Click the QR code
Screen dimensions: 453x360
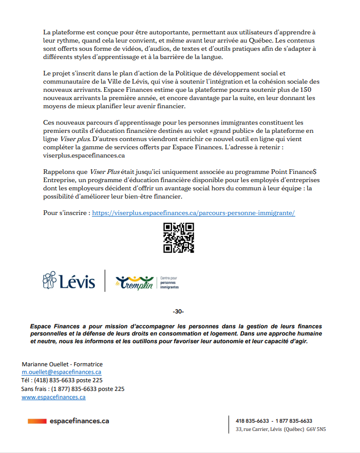click(x=178, y=238)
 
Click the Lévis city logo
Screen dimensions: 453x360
click(x=69, y=282)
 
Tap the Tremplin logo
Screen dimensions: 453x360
click(x=135, y=282)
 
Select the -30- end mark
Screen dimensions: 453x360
click(x=179, y=312)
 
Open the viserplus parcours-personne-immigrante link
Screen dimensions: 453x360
click(x=193, y=212)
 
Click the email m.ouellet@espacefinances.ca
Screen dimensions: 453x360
click(x=61, y=372)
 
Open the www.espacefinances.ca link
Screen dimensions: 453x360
click(x=53, y=397)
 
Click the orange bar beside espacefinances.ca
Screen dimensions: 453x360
click(x=37, y=421)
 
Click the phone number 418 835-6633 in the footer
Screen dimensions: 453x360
click(x=252, y=421)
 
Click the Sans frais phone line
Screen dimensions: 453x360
click(x=73, y=389)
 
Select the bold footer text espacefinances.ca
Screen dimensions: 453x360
click(x=80, y=421)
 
